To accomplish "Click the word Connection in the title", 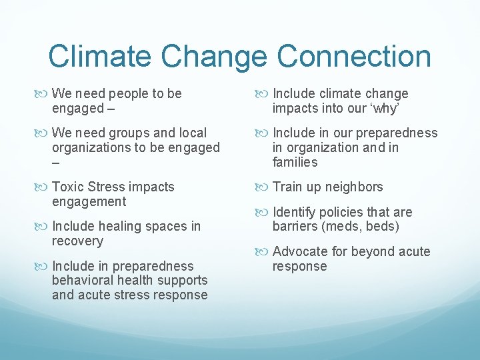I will [x=354, y=57].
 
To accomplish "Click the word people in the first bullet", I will [x=129, y=93].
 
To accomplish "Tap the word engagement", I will [x=89, y=201].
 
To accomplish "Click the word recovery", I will [x=77, y=241].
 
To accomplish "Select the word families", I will [x=295, y=162].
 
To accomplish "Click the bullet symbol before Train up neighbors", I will [x=261, y=187].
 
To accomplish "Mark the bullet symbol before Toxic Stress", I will [x=40, y=187].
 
